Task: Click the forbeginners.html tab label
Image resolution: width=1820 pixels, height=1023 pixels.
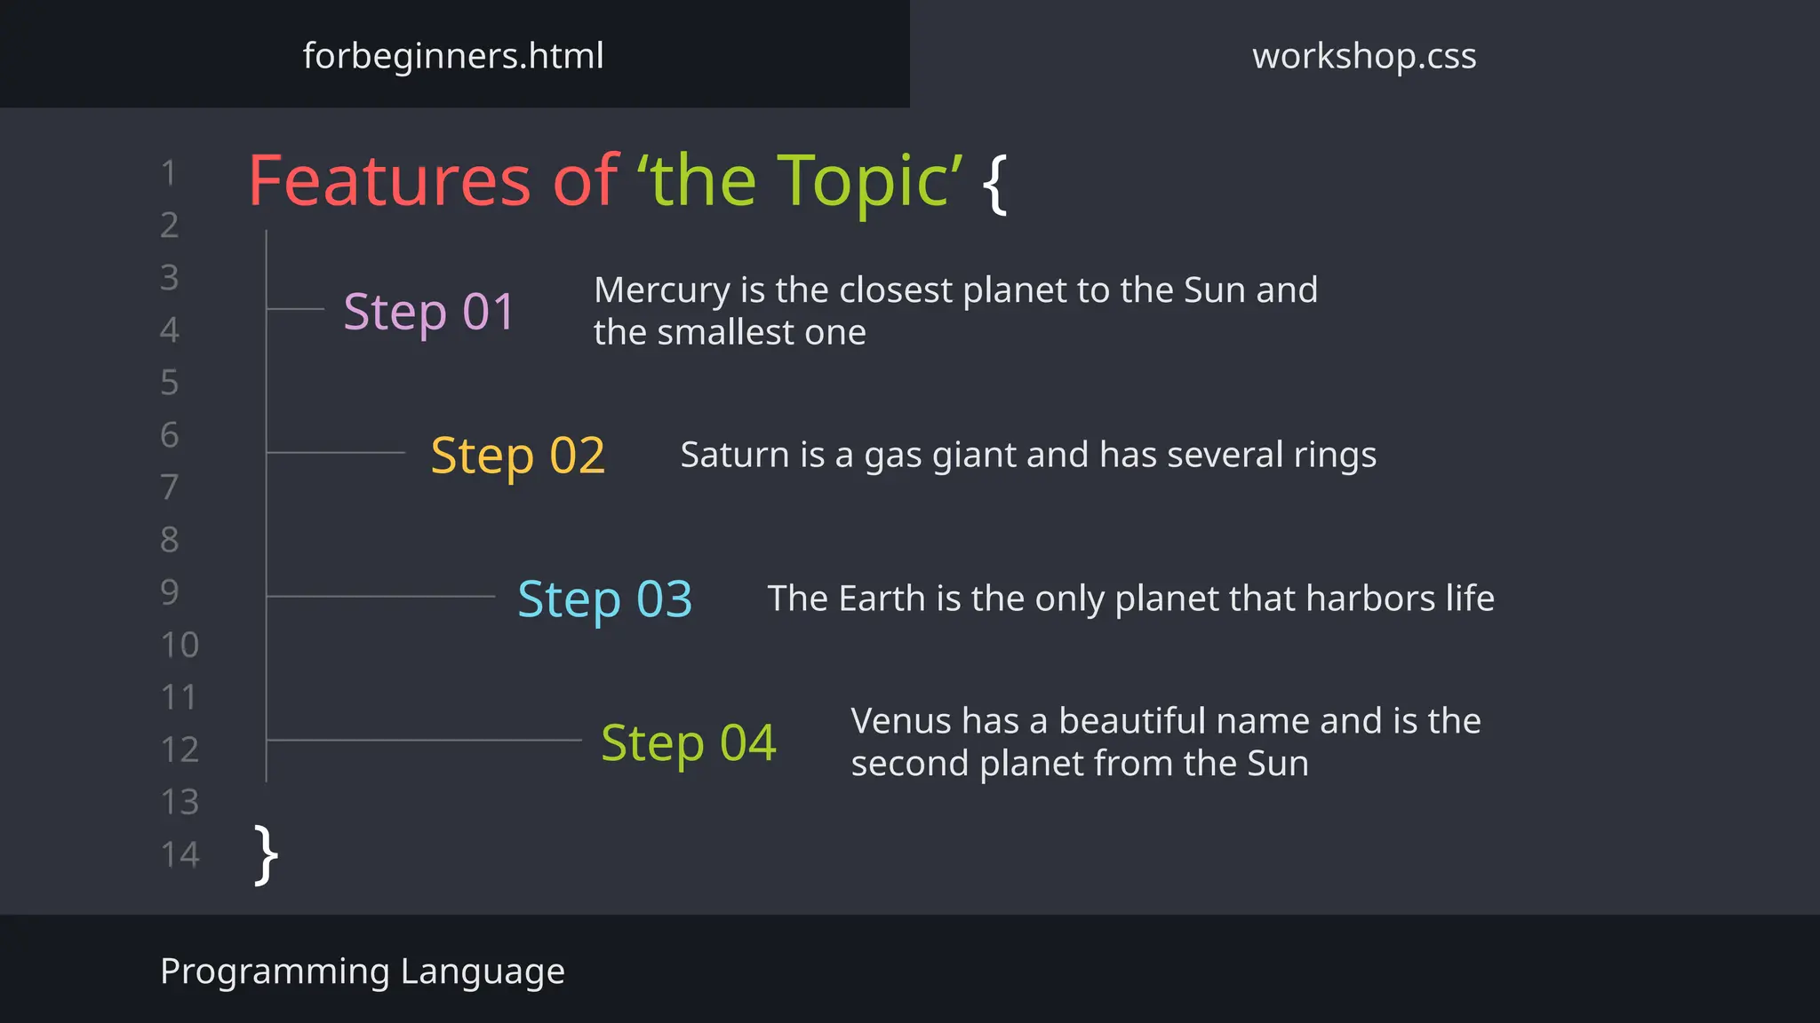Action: pyautogui.click(x=453, y=56)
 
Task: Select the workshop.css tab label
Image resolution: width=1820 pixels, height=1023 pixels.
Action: pyautogui.click(x=1364, y=56)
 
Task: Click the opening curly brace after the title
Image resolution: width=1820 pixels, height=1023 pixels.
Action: pyautogui.click(x=995, y=183)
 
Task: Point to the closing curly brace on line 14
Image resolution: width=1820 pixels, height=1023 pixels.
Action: pyautogui.click(x=266, y=854)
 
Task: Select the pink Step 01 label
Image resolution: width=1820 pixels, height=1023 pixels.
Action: pyautogui.click(x=429, y=312)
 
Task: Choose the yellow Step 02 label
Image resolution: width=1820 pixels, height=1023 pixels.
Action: pyautogui.click(x=517, y=456)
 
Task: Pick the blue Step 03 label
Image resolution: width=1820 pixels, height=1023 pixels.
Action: pyautogui.click(x=604, y=599)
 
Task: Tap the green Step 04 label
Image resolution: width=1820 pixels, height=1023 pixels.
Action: pyautogui.click(x=689, y=743)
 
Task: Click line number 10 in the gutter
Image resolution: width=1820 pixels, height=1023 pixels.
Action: pyautogui.click(x=180, y=645)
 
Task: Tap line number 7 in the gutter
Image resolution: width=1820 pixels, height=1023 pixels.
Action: pyautogui.click(x=169, y=488)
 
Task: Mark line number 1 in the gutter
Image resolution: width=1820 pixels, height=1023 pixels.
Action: pyautogui.click(x=169, y=173)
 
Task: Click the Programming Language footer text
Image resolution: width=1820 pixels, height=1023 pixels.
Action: pyautogui.click(x=362, y=971)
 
